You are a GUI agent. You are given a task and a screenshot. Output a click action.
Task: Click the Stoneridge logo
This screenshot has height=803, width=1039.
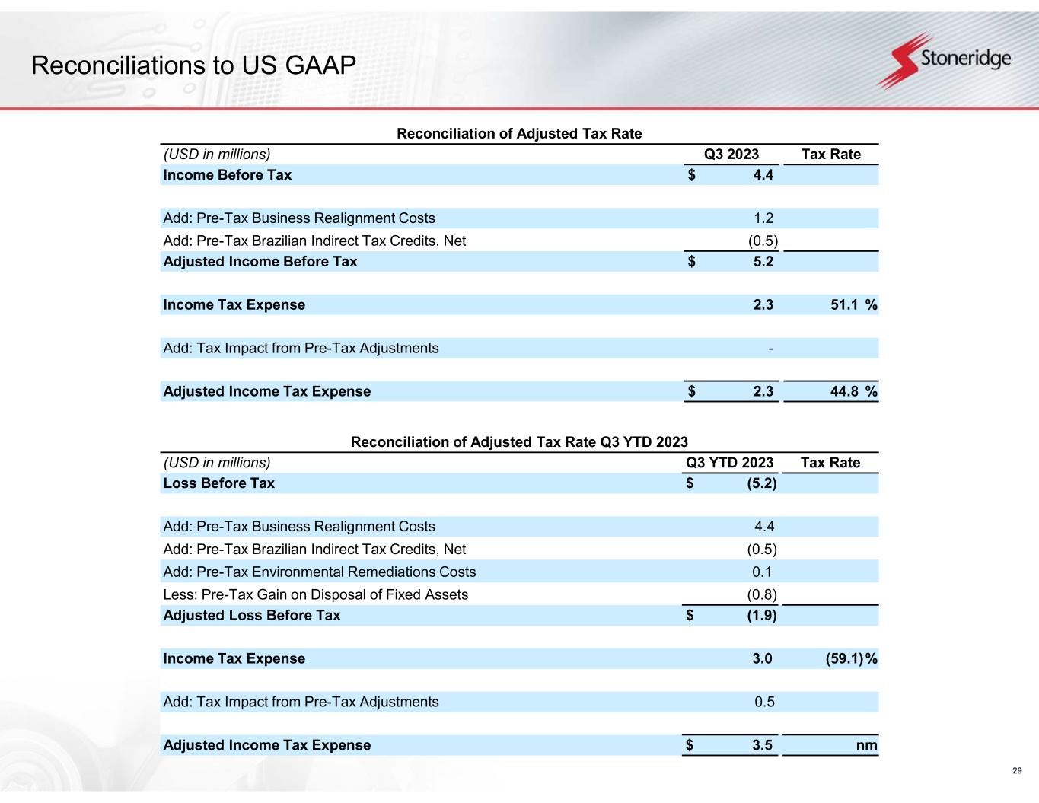click(x=945, y=59)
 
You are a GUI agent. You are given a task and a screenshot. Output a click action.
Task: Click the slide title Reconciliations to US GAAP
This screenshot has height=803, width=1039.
click(x=193, y=66)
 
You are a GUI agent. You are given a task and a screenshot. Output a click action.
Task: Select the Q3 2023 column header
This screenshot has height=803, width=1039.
click(x=731, y=155)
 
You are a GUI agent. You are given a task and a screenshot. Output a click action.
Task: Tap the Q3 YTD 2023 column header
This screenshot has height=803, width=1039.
click(x=729, y=463)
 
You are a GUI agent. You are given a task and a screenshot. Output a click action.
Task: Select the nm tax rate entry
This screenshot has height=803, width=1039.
click(x=866, y=746)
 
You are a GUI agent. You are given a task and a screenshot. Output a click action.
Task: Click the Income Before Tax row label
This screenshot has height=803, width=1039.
click(x=227, y=175)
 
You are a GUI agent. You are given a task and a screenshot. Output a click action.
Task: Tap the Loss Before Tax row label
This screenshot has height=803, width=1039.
click(x=218, y=483)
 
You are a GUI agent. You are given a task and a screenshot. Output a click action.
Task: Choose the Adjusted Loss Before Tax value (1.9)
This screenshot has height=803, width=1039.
click(x=761, y=616)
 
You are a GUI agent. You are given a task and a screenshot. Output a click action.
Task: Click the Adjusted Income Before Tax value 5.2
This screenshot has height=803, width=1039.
click(x=763, y=262)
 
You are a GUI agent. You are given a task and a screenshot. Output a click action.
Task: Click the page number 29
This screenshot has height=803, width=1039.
click(x=1017, y=772)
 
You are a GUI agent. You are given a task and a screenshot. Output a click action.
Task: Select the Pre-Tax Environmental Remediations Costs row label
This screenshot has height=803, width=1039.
click(x=319, y=572)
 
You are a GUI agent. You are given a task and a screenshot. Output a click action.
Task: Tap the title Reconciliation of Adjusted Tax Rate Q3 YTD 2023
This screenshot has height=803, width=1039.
click(x=518, y=442)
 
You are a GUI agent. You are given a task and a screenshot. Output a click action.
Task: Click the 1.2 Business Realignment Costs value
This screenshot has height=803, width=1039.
click(x=763, y=218)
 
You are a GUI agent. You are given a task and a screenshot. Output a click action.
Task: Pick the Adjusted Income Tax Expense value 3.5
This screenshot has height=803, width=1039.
click(x=763, y=746)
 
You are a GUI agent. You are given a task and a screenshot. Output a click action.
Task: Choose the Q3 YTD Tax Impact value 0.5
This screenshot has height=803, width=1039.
click(x=764, y=703)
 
